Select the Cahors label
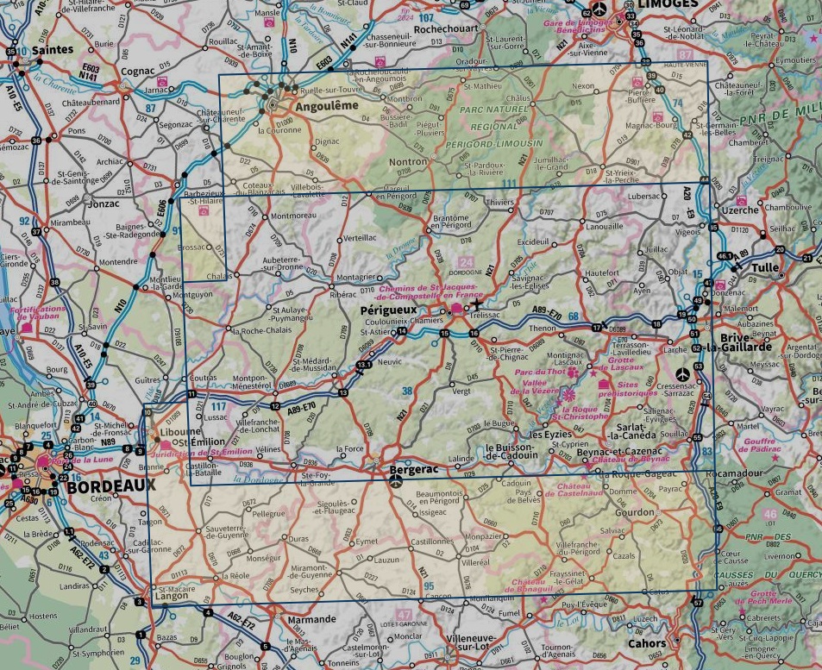(x=646, y=643)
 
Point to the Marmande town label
(x=311, y=619)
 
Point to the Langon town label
(x=171, y=596)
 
